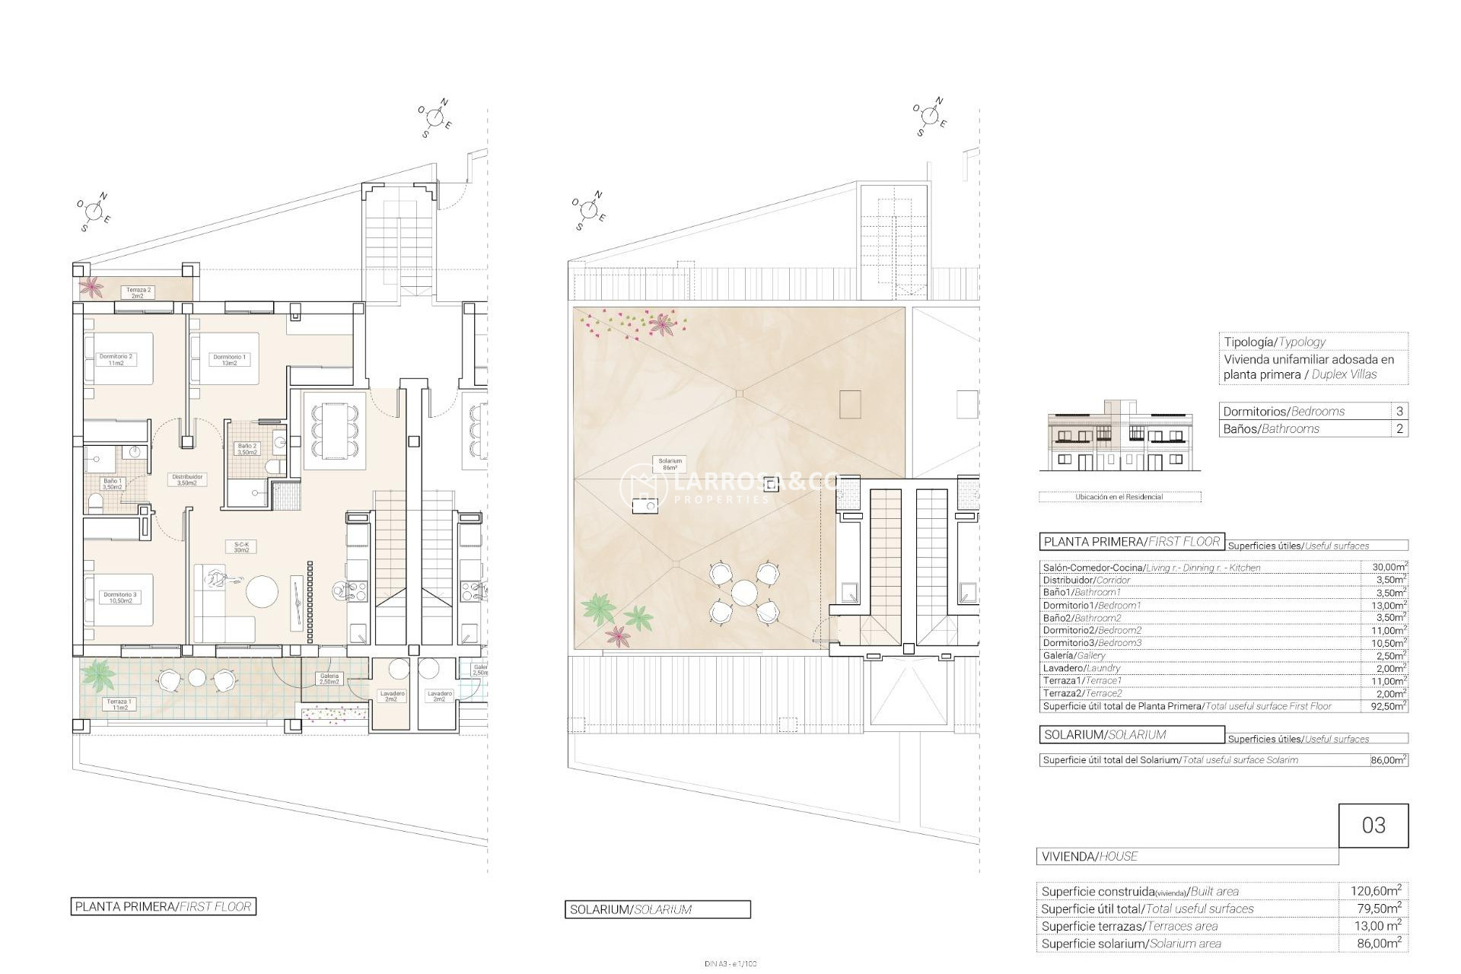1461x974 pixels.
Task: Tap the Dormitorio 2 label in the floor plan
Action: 116,360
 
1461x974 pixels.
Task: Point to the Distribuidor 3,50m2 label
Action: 186,479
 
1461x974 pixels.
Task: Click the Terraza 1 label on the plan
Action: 119,704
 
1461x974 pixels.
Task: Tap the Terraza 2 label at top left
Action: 138,292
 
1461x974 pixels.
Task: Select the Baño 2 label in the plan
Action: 248,449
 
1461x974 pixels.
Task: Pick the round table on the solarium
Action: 743,591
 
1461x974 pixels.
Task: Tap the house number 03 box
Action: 1373,826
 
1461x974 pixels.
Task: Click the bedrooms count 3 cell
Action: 1399,411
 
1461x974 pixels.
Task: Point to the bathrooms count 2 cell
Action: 1399,428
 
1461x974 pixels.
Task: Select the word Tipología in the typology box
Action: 1249,342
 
